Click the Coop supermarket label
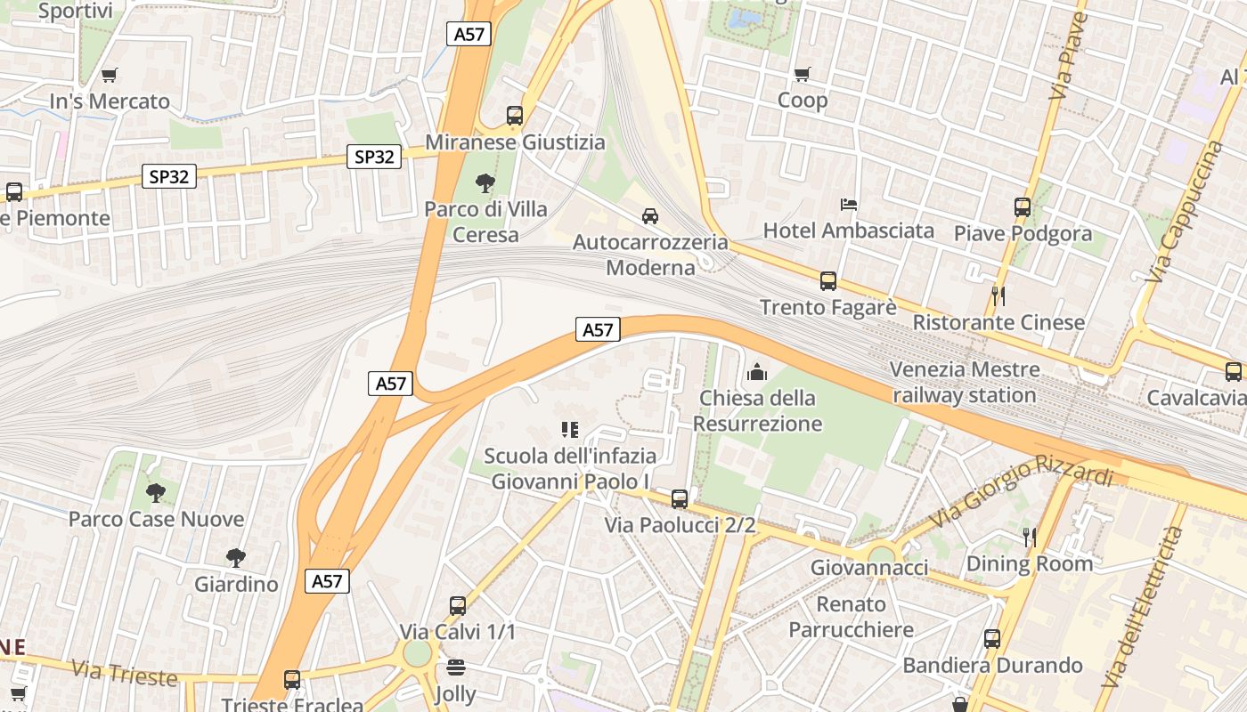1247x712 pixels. pyautogui.click(x=803, y=100)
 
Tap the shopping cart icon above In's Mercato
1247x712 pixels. pyautogui.click(x=109, y=76)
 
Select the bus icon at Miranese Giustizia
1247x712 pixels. pyautogui.click(x=515, y=116)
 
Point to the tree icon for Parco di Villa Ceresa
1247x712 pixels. pyautogui.click(x=485, y=183)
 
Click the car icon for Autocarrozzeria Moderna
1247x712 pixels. pyautogui.click(x=650, y=216)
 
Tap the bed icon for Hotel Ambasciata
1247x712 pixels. pyautogui.click(x=849, y=205)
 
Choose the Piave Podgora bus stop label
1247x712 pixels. pyautogui.click(x=1023, y=233)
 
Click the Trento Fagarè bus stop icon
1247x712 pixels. pyautogui.click(x=828, y=281)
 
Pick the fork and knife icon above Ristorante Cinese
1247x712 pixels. pyautogui.click(x=998, y=295)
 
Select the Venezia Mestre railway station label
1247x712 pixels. pyautogui.click(x=964, y=382)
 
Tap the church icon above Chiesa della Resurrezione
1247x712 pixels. pyautogui.click(x=757, y=371)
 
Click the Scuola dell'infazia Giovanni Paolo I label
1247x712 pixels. pyautogui.click(x=570, y=468)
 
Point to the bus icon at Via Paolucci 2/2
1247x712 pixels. pyautogui.click(x=680, y=499)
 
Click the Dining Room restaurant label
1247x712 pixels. pyautogui.click(x=1029, y=563)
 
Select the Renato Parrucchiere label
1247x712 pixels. pyautogui.click(x=852, y=617)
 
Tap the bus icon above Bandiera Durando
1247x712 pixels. pyautogui.click(x=992, y=638)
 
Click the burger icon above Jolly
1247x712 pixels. pyautogui.click(x=456, y=667)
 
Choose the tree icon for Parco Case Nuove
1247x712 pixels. pyautogui.click(x=156, y=492)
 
